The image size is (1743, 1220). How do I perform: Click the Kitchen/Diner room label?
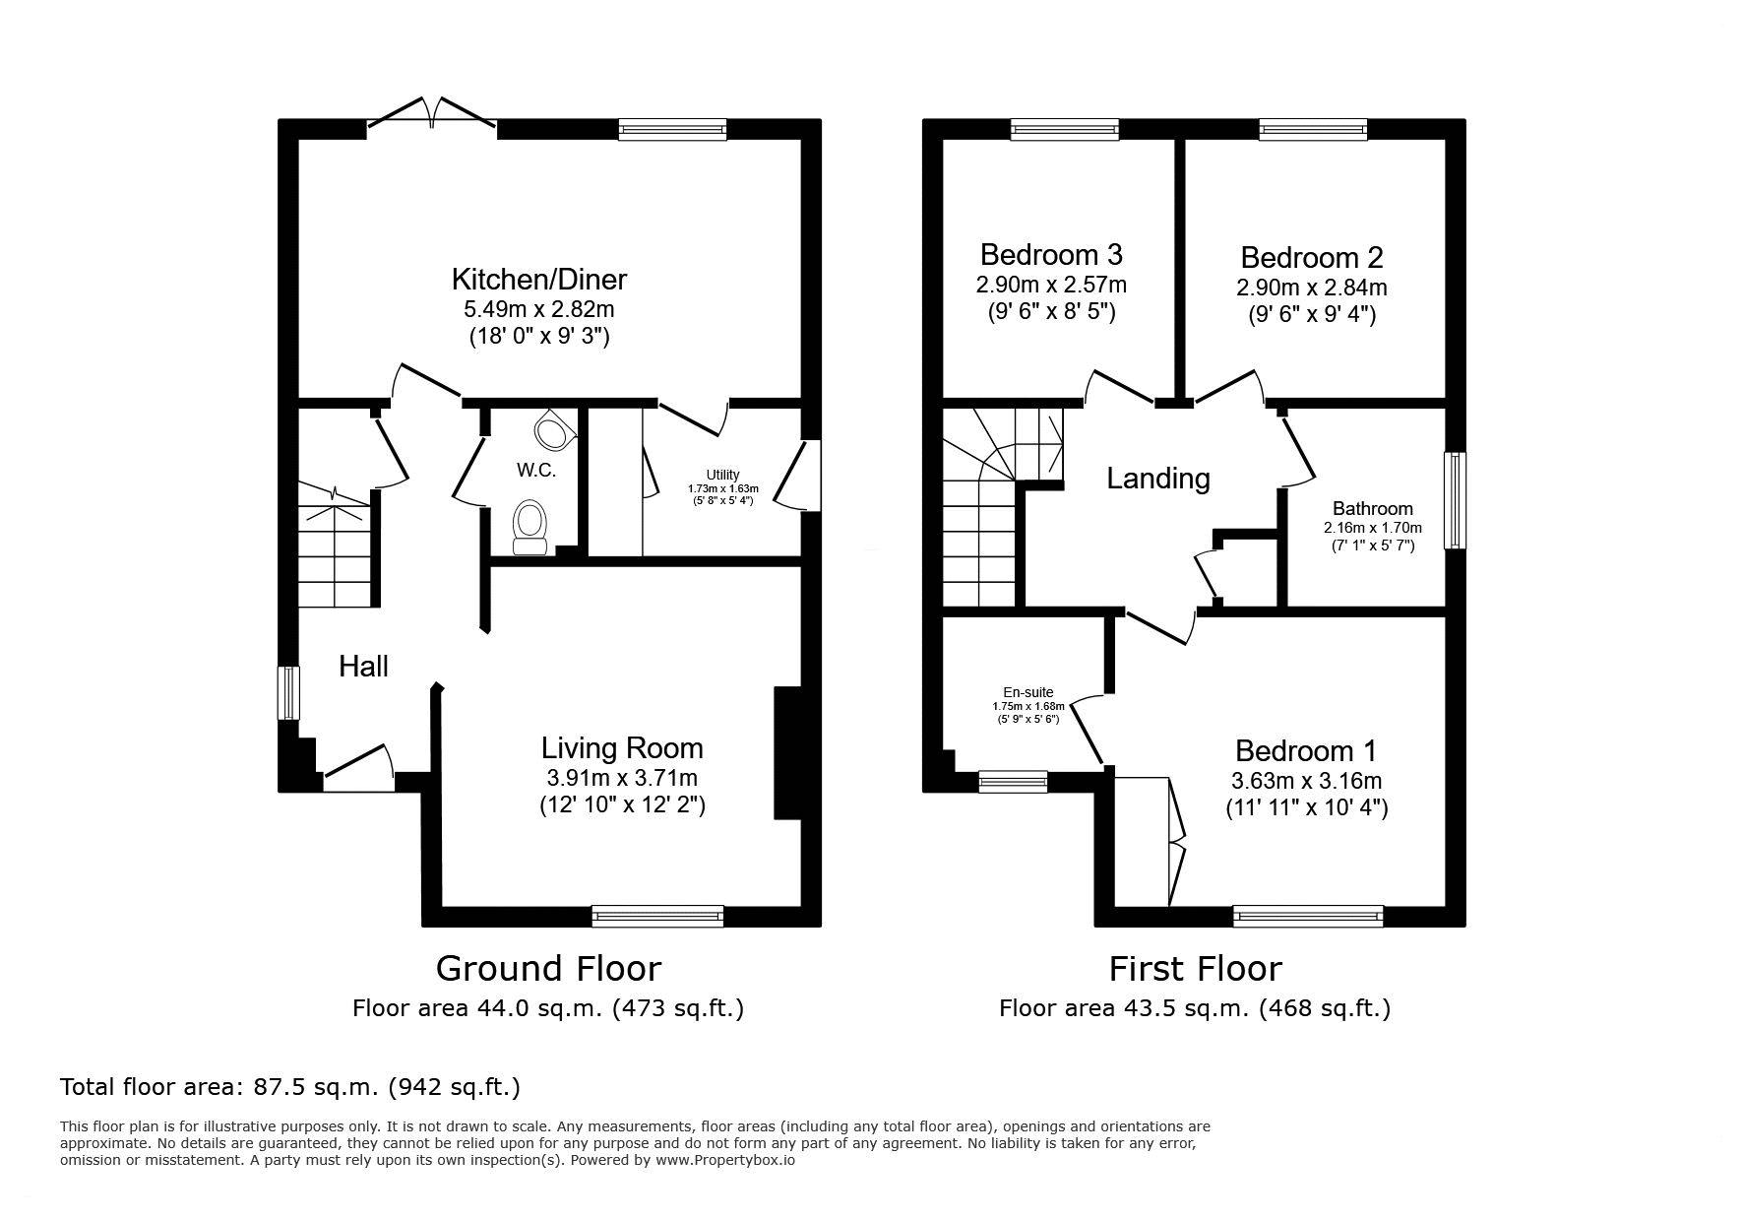(x=538, y=280)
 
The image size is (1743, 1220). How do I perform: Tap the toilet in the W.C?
(x=530, y=527)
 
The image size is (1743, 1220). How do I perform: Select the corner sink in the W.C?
(x=554, y=429)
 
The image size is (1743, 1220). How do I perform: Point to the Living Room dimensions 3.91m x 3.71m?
(x=622, y=777)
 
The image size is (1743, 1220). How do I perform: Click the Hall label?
(x=363, y=667)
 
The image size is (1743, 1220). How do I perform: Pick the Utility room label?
(x=722, y=475)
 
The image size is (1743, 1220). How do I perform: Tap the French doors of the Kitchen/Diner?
(x=432, y=111)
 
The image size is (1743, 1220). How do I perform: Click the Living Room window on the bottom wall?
(x=657, y=916)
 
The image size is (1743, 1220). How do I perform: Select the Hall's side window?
(x=288, y=693)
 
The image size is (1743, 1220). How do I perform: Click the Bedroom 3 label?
(x=1051, y=254)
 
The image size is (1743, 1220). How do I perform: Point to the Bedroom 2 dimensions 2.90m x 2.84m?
(x=1312, y=288)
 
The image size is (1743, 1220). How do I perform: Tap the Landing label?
(x=1158, y=479)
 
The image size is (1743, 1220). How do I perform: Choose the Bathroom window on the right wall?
(x=1455, y=500)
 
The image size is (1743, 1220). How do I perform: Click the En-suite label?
(x=1028, y=692)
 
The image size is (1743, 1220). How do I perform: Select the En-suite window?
(x=1013, y=781)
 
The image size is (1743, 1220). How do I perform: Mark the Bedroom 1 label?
(x=1306, y=751)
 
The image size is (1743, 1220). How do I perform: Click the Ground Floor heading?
(x=548, y=969)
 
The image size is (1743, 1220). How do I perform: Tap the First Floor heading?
(x=1195, y=969)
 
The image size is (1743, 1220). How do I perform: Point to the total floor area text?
(x=290, y=1087)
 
